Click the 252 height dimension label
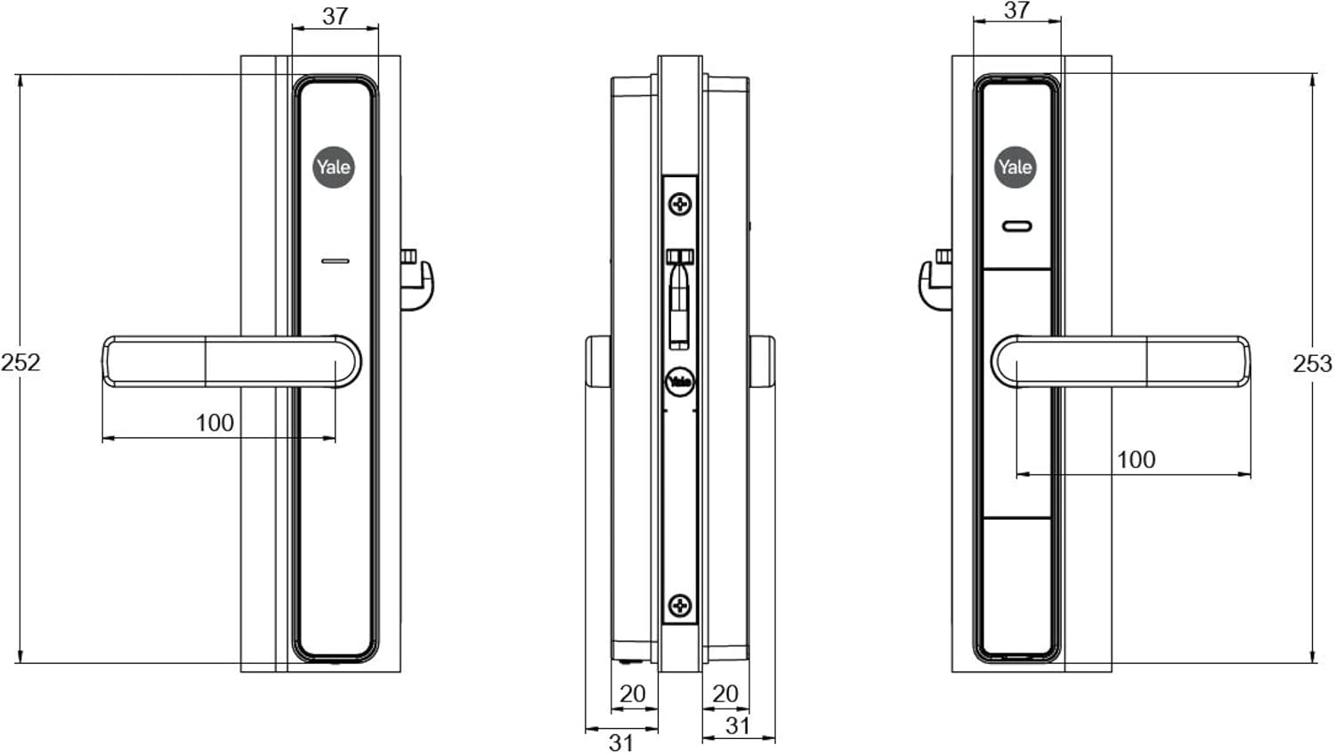pos(20,362)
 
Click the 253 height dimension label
pos(1313,364)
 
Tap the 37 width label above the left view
pos(335,16)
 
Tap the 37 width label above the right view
pos(1016,10)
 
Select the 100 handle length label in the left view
pos(214,423)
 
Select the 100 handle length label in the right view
pos(1136,459)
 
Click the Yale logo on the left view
pos(334,167)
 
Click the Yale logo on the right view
pos(1015,167)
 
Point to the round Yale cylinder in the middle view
pos(680,382)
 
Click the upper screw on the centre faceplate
pos(680,205)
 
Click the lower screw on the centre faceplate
pos(680,606)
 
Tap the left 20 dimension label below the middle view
pos(632,694)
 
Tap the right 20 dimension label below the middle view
pos(725,694)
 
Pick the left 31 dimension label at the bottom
pos(621,743)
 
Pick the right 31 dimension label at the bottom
pos(738,725)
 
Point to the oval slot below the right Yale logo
pos(1016,227)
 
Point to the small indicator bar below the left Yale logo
pos(336,261)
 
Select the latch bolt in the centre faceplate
pos(679,300)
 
